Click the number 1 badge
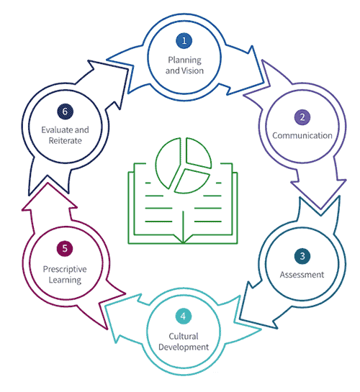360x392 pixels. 184,40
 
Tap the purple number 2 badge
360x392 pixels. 302,117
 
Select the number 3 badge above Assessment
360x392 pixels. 302,256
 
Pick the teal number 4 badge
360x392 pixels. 184,316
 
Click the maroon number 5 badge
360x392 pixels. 65,248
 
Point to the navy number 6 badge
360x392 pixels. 65,111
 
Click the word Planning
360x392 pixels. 184,60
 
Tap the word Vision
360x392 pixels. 193,70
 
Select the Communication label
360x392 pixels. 302,135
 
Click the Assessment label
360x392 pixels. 302,275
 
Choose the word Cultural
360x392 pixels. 184,336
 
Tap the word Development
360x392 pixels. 184,347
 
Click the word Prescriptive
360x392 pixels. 65,269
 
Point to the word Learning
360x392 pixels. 65,280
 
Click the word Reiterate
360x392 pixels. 65,141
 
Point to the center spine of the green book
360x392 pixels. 183,227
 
